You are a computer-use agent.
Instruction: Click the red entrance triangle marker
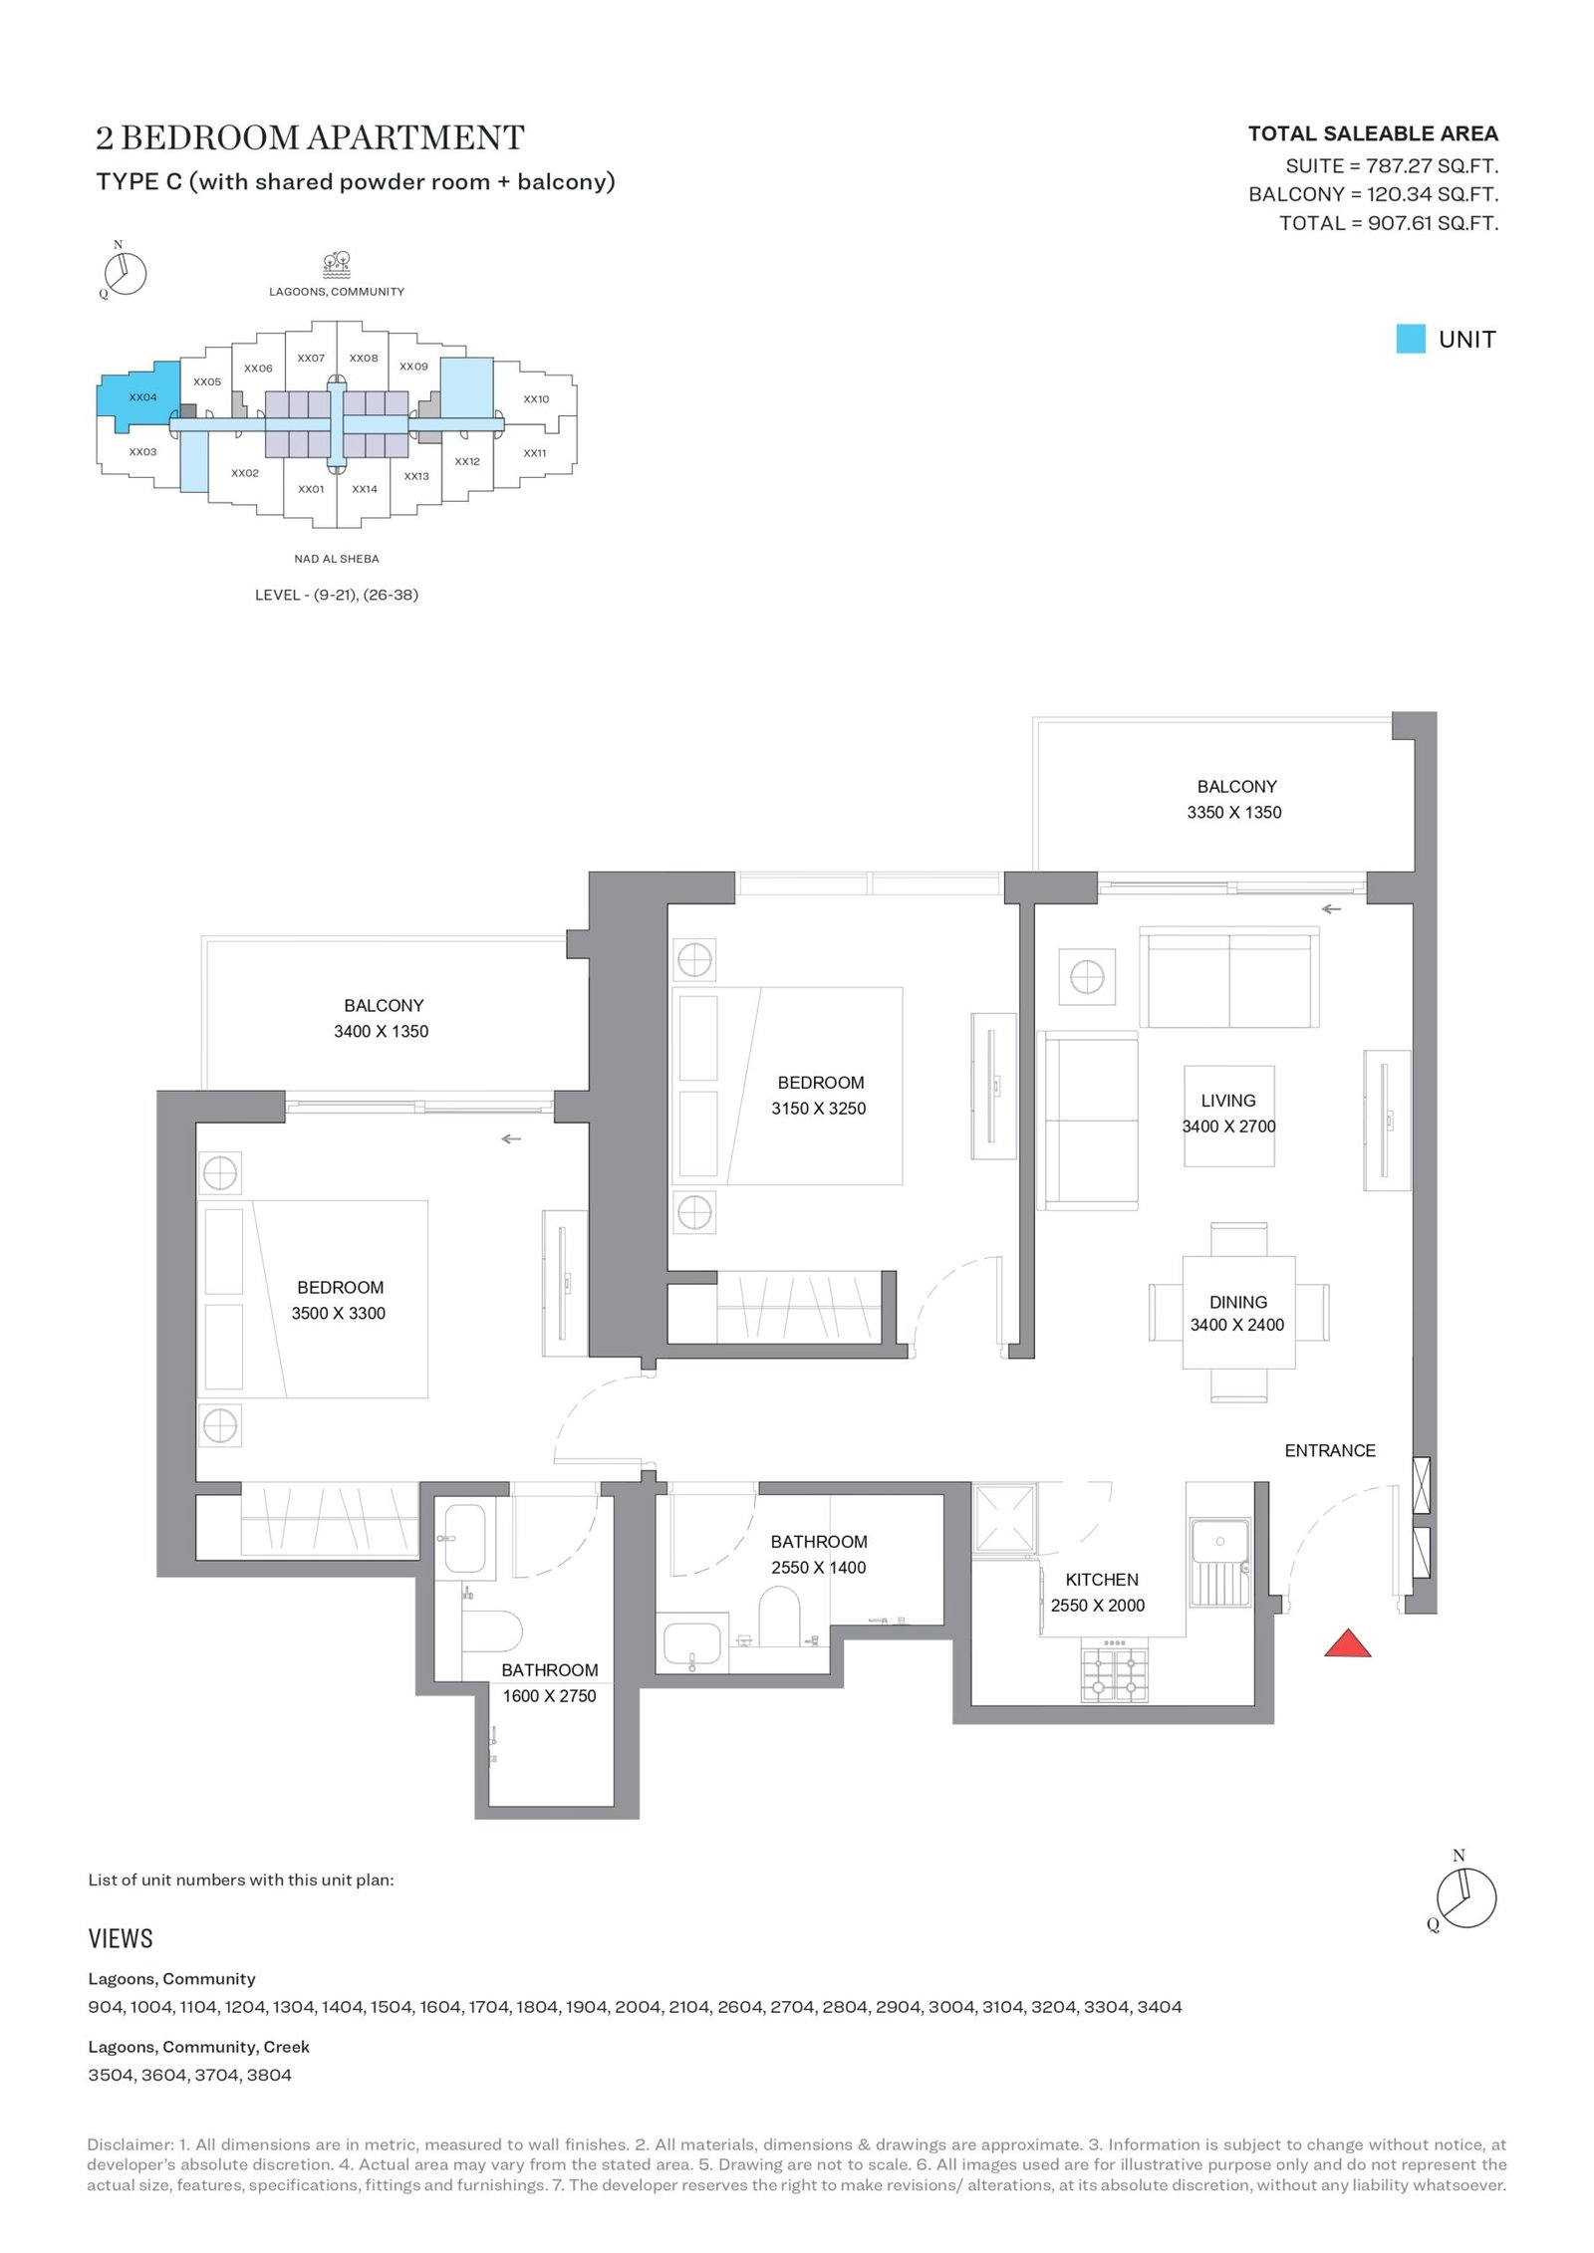(x=1347, y=1643)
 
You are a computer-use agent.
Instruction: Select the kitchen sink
(x=1219, y=1561)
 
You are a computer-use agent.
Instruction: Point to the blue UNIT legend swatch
(x=1411, y=339)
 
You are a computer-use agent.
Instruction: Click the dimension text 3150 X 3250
(x=818, y=1109)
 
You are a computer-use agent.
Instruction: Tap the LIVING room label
(x=1227, y=1101)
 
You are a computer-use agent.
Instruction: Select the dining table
(x=1238, y=1313)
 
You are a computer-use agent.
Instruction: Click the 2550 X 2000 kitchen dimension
(x=1097, y=1606)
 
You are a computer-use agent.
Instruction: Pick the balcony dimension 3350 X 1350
(x=1233, y=813)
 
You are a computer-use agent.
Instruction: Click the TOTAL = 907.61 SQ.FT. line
(x=1389, y=223)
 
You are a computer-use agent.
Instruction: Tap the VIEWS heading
(x=121, y=1938)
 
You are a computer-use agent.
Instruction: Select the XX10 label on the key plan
(x=536, y=399)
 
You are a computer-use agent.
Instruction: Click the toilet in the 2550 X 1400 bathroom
(x=779, y=1616)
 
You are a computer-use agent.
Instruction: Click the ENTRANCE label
(x=1329, y=1451)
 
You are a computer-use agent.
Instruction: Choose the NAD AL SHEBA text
(x=337, y=559)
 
